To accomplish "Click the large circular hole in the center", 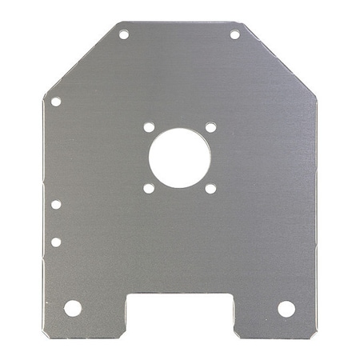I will pyautogui.click(x=179, y=158).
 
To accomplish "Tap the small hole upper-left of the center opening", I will pyautogui.click(x=149, y=127).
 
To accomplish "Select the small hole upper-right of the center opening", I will pyautogui.click(x=210, y=127).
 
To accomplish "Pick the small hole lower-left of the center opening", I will pyautogui.click(x=149, y=188).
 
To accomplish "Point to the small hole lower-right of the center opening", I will pyautogui.click(x=210, y=188).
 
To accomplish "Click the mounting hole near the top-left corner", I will pyautogui.click(x=124, y=34).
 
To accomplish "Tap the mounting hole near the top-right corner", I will pyautogui.click(x=235, y=34).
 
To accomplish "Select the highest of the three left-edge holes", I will pyautogui.click(x=56, y=102).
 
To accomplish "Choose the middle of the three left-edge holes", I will pyautogui.click(x=56, y=204).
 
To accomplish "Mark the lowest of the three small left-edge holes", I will pyautogui.click(x=56, y=242).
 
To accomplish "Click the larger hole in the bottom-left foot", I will pyautogui.click(x=73, y=308).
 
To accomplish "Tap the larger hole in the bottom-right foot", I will pyautogui.click(x=286, y=308).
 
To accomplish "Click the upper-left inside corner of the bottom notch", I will pyautogui.click(x=128, y=294).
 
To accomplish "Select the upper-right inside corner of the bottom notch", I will pyautogui.click(x=233, y=294).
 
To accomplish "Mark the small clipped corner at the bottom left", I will pyautogui.click(x=46, y=332).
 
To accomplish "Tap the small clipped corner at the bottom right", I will pyautogui.click(x=314, y=332).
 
